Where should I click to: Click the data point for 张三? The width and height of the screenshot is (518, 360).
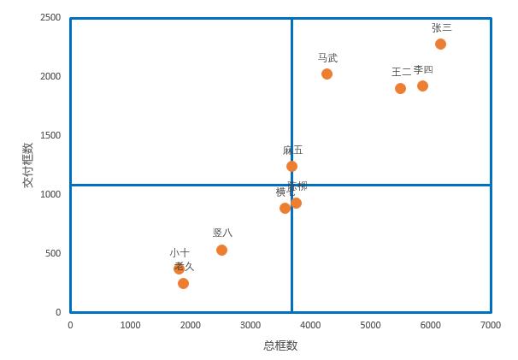[x=440, y=44]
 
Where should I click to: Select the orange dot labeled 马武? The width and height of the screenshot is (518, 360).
[x=327, y=74]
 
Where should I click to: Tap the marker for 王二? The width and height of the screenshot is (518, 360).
[x=400, y=88]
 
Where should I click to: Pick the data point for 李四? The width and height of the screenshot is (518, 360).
[x=422, y=86]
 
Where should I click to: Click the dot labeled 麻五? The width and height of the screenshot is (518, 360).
[x=291, y=166]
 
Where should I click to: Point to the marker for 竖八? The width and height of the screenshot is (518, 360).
[x=221, y=250]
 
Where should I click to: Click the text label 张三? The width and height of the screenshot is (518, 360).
[x=441, y=27]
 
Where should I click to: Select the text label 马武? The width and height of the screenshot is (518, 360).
[x=327, y=58]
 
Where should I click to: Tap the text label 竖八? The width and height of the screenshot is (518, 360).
[x=222, y=233]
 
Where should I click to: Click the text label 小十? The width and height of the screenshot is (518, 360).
[x=180, y=253]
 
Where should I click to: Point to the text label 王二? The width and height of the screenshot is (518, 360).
[x=401, y=72]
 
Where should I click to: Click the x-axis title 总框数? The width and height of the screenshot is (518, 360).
[x=280, y=345]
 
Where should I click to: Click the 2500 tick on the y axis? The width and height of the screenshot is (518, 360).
[x=50, y=18]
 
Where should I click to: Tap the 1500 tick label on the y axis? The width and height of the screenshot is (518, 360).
[x=50, y=136]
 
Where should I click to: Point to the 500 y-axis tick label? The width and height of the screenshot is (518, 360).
[x=53, y=254]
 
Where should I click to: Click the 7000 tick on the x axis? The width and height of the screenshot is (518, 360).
[x=490, y=326]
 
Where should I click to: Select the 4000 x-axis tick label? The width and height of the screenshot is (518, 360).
[x=310, y=326]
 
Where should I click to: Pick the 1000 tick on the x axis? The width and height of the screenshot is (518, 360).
[x=130, y=326]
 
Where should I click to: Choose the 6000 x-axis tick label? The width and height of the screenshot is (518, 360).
[x=430, y=326]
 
